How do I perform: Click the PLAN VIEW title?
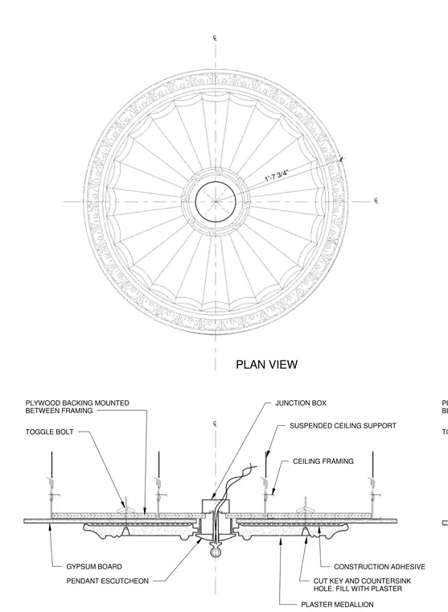click(267, 365)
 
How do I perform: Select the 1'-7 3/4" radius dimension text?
click(277, 176)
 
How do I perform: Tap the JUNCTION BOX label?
click(301, 403)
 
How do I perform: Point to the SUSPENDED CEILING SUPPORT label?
click(343, 425)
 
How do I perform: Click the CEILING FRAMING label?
click(323, 461)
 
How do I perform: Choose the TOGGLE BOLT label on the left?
click(50, 432)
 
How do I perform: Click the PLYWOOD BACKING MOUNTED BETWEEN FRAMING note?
click(77, 407)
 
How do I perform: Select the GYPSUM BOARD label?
click(94, 566)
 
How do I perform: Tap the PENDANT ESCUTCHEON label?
click(107, 581)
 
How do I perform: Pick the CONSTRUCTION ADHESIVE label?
click(380, 566)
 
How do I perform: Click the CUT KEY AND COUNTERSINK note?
click(362, 585)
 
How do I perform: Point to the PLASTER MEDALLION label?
click(337, 605)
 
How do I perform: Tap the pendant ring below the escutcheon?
click(215, 552)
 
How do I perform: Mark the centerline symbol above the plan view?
click(215, 38)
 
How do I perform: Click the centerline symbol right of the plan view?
click(376, 201)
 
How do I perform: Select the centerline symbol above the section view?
click(215, 424)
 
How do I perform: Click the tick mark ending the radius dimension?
click(342, 159)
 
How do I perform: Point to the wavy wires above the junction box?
click(234, 484)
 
